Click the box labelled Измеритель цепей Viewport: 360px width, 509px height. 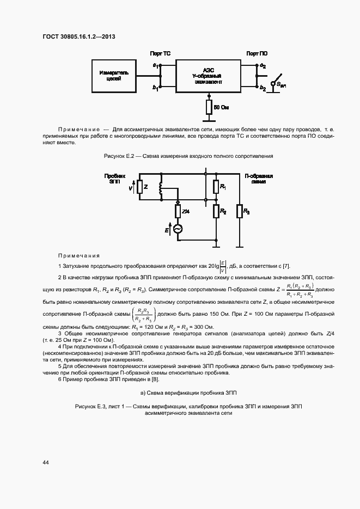114,76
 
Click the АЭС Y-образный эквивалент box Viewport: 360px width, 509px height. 208,76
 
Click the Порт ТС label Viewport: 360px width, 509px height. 161,54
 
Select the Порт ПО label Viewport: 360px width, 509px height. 257,54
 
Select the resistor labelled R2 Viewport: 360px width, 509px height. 216,210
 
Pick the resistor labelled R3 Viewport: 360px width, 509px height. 240,210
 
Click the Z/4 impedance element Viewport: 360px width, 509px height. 178,211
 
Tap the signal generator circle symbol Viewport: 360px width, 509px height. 178,230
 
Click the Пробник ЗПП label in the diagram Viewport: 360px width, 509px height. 114,179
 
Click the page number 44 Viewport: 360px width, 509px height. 46,462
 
